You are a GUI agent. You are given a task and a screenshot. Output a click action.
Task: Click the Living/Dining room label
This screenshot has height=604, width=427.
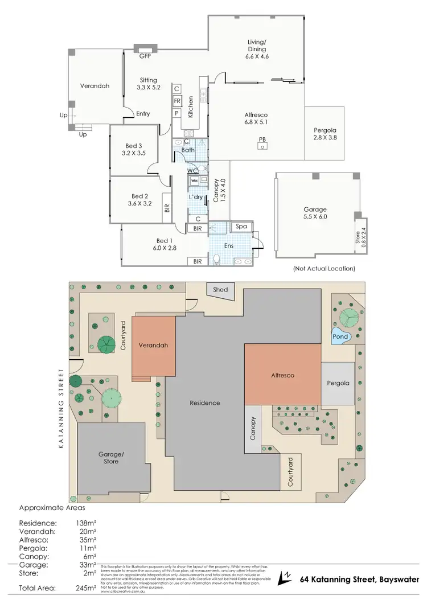[257, 46]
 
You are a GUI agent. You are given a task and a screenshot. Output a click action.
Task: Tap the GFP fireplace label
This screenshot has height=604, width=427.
[145, 56]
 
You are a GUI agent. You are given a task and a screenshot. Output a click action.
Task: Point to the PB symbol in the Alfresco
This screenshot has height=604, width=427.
[262, 139]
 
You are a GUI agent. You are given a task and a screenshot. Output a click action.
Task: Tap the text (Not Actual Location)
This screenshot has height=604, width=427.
[323, 268]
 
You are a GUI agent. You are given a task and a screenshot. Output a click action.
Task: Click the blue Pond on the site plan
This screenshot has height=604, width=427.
[340, 336]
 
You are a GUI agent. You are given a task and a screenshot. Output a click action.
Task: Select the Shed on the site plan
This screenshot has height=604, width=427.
[220, 290]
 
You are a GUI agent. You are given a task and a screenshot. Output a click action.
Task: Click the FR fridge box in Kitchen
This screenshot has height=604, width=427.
[176, 101]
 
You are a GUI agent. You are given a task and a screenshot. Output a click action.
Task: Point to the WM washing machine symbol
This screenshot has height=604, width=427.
[194, 180]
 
